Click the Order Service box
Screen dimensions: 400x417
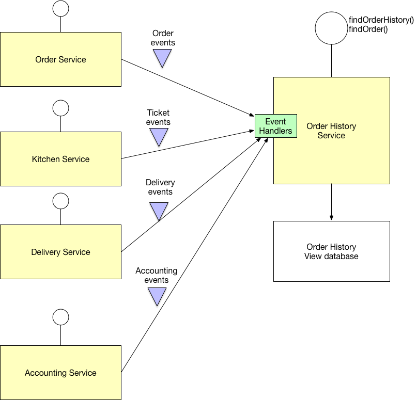pos(60,59)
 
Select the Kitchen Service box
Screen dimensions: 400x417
pos(60,159)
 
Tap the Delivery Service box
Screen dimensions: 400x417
pos(60,252)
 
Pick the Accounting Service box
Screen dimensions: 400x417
pos(60,373)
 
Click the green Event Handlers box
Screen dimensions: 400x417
pos(275,126)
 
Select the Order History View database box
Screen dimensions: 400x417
pos(331,251)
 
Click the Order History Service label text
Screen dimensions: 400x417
pos(331,131)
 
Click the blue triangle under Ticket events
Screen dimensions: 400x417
pos(159,137)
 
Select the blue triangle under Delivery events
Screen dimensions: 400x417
pos(159,210)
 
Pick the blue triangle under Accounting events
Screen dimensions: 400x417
pos(157,296)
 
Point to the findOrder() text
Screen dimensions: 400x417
pos(368,29)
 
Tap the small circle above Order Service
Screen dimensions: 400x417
pos(61,8)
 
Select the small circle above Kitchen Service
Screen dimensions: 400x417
pos(61,108)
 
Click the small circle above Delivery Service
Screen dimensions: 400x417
pos(61,201)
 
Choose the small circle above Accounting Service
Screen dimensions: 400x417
pos(61,316)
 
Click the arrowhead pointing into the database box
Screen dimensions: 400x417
pos(331,217)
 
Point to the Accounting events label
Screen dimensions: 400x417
pos(156,275)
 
